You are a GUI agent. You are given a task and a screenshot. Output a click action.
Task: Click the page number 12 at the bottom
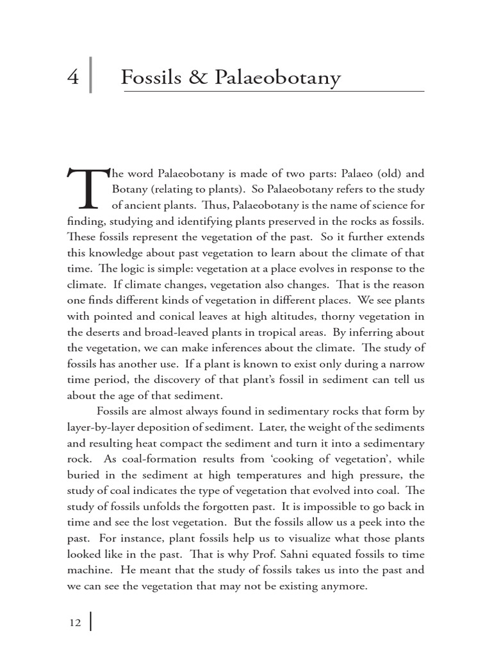point(74,623)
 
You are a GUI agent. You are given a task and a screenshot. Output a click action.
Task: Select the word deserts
point(107,332)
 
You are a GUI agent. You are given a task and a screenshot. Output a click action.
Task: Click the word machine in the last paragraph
point(86,569)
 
